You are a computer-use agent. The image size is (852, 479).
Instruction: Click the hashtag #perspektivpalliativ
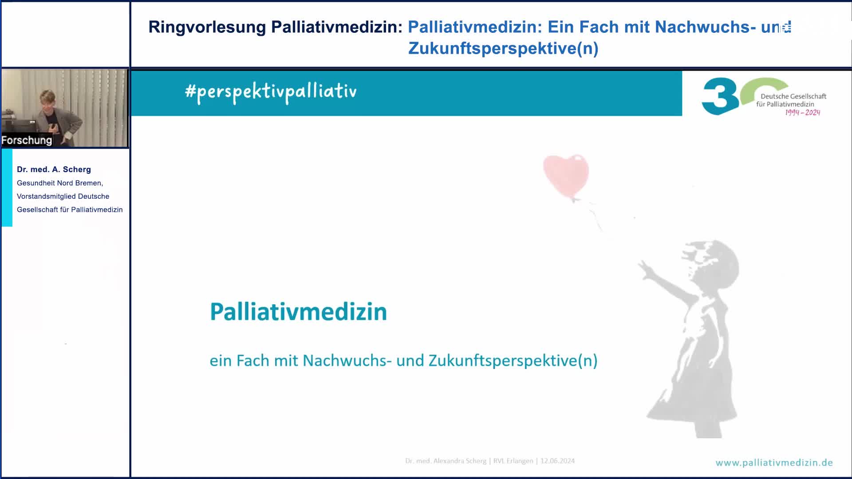click(271, 92)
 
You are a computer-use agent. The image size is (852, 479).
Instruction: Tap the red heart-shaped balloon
click(566, 175)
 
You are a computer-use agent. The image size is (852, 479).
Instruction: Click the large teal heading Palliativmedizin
click(298, 311)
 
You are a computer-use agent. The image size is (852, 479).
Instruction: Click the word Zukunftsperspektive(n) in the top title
click(503, 48)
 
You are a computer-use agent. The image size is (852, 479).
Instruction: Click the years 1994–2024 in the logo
click(802, 113)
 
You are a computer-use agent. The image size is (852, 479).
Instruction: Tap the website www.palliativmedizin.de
click(774, 463)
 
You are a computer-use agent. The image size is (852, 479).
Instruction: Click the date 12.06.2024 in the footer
click(557, 461)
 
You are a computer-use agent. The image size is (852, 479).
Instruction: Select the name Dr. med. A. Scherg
click(54, 169)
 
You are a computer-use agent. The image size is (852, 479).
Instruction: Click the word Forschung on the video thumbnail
click(27, 140)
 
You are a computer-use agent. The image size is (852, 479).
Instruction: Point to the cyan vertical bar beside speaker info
click(7, 188)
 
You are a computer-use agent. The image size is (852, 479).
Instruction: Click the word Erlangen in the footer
click(519, 461)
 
